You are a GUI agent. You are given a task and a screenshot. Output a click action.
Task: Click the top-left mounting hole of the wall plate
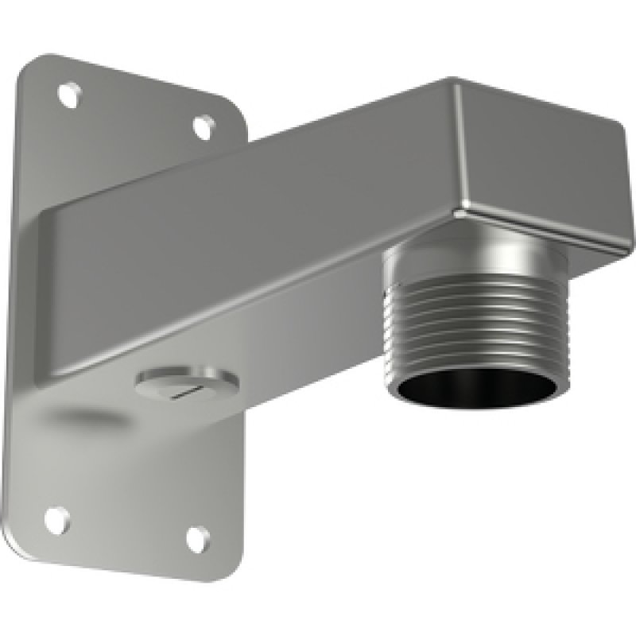tap(70, 95)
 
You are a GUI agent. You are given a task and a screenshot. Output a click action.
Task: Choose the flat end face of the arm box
tap(541, 171)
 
